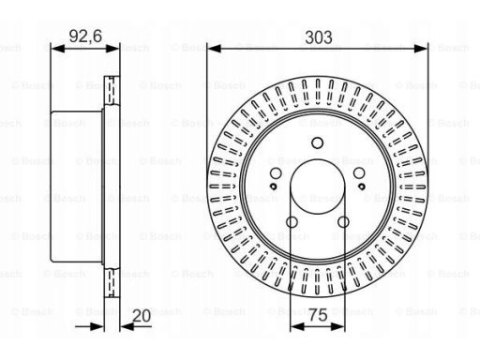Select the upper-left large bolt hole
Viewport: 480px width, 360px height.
pyautogui.click(x=274, y=175)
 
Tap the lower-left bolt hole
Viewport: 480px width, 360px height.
pyautogui.click(x=291, y=222)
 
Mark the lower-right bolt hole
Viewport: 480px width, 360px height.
pyautogui.click(x=344, y=222)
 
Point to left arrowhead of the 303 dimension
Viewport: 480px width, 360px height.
pyautogui.click(x=212, y=50)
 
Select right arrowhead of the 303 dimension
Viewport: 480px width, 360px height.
pyautogui.click(x=424, y=50)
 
